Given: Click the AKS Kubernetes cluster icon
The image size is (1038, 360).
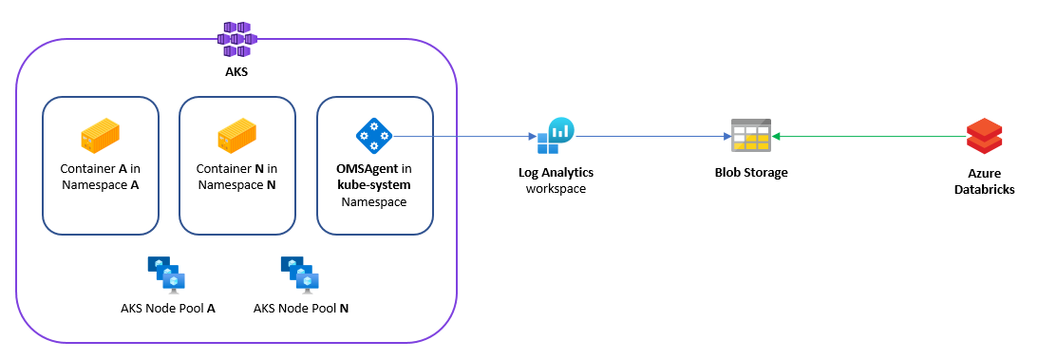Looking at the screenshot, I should click(x=236, y=37).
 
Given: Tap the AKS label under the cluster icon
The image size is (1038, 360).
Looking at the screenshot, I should click(x=236, y=72).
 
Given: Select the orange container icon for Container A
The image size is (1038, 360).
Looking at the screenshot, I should click(x=100, y=137).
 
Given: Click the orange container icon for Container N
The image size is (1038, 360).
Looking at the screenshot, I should click(x=236, y=137).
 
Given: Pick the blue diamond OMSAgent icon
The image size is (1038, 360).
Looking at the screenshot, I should click(x=374, y=137).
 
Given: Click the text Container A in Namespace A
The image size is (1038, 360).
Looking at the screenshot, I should click(x=100, y=177).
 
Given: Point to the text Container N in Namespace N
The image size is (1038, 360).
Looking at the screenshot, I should click(x=236, y=177).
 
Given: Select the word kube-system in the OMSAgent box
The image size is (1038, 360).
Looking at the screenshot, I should click(x=374, y=185).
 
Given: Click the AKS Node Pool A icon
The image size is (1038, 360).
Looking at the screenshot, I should click(x=167, y=274).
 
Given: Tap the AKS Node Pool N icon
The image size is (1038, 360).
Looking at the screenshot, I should click(x=301, y=274).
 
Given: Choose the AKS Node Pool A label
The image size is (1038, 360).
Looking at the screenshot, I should click(x=167, y=309).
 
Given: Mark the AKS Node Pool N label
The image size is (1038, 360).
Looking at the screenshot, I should click(x=301, y=309).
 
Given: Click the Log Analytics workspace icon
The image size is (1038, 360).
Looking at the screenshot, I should click(x=556, y=137).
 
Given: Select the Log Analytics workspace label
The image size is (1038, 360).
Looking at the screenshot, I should click(x=556, y=180).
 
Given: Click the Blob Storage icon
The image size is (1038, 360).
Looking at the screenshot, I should click(x=750, y=137).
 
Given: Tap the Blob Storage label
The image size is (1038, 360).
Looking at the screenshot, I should click(x=750, y=172).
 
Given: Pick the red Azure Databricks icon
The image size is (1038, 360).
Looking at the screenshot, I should click(x=984, y=137).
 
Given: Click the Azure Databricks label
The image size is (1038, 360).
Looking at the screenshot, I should click(x=984, y=180).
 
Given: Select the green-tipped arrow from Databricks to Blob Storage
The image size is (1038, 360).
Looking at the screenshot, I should click(x=864, y=137).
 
